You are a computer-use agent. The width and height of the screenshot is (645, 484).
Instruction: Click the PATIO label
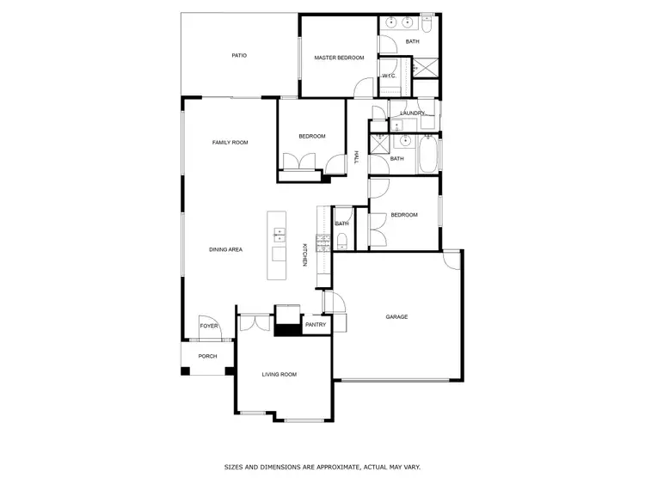point(239,56)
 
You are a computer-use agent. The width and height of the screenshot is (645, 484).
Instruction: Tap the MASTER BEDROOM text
point(339,58)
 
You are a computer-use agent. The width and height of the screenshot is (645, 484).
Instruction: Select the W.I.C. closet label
point(389,76)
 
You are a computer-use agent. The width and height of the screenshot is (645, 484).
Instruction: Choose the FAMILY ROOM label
point(230,142)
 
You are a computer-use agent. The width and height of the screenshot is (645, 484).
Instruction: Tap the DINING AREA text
point(225,249)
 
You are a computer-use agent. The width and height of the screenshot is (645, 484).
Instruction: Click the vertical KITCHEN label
point(304,255)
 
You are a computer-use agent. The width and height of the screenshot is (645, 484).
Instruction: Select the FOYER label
point(208,327)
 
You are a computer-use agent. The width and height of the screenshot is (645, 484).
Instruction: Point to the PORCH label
point(207,356)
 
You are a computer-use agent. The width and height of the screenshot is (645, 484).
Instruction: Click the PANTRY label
point(316,325)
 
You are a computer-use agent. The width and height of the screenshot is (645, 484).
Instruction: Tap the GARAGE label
point(396,317)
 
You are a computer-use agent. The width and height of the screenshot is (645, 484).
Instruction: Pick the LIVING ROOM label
point(279,374)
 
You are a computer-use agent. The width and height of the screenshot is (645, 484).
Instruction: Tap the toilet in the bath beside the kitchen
point(342,239)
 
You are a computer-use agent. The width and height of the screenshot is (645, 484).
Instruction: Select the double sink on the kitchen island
point(279,233)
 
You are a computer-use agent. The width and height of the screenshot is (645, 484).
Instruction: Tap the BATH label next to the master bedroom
point(413,41)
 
